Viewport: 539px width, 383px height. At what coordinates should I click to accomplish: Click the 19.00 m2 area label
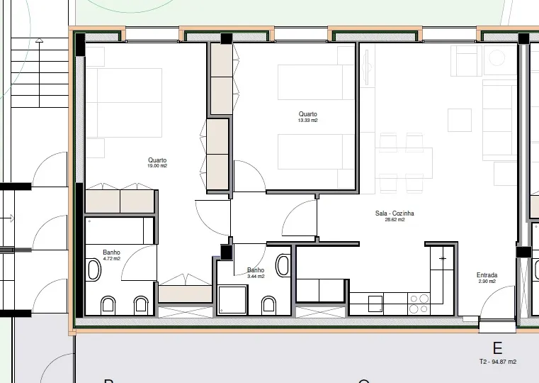pyautogui.click(x=157, y=166)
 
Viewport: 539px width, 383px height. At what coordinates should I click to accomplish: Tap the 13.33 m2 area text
pyautogui.click(x=307, y=121)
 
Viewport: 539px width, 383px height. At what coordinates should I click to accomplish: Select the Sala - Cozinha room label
pyautogui.click(x=395, y=213)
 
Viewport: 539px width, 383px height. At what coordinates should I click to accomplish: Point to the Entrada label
pyautogui.click(x=487, y=275)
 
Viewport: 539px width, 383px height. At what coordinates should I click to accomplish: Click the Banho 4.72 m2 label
pyautogui.click(x=111, y=255)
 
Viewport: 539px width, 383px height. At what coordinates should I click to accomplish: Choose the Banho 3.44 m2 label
pyautogui.click(x=256, y=273)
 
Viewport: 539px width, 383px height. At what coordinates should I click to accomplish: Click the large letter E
pyautogui.click(x=497, y=348)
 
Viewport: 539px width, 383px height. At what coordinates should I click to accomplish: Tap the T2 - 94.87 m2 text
pyautogui.click(x=498, y=362)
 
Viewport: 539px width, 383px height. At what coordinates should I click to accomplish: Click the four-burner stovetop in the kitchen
pyautogui.click(x=419, y=304)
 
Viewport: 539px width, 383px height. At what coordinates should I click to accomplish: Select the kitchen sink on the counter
pyautogui.click(x=375, y=304)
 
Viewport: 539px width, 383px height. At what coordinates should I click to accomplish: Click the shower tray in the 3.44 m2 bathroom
pyautogui.click(x=232, y=299)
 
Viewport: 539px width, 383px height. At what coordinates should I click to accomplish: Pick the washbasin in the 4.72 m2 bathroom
pyautogui.click(x=94, y=270)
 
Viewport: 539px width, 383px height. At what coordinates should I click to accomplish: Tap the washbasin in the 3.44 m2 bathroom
pyautogui.click(x=283, y=265)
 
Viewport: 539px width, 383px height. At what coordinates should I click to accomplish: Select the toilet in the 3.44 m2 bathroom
pyautogui.click(x=268, y=306)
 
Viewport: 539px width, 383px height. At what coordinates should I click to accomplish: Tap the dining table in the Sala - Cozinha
pyautogui.click(x=404, y=163)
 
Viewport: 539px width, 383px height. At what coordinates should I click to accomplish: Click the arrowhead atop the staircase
pyautogui.click(x=39, y=40)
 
